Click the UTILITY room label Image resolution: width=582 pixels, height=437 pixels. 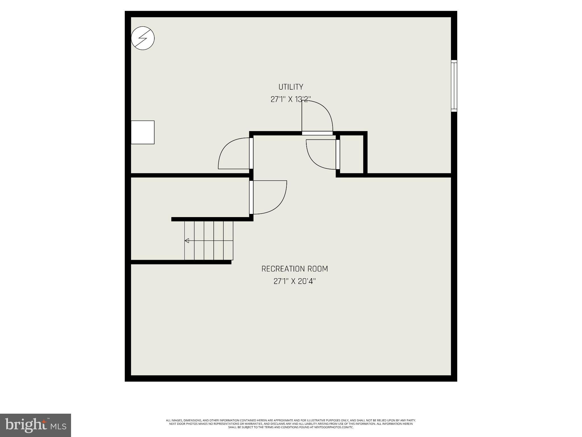(x=290, y=87)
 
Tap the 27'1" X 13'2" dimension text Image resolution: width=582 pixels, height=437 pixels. (x=290, y=99)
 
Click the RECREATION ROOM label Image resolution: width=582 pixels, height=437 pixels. (x=294, y=269)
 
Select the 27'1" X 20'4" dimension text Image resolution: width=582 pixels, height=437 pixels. (x=294, y=281)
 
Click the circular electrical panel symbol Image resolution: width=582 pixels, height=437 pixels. (x=143, y=38)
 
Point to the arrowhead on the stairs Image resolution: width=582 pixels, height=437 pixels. (x=187, y=241)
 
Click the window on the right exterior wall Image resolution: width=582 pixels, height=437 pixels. (x=454, y=86)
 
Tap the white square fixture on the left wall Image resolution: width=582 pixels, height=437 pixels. (x=142, y=132)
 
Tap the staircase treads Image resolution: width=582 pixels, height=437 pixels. (x=209, y=241)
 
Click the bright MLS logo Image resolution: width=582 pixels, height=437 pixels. (x=35, y=425)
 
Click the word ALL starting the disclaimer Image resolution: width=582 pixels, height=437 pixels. (x=169, y=420)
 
